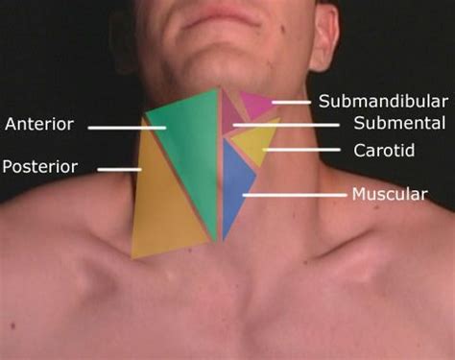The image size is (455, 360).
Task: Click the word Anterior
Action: pyautogui.click(x=39, y=124)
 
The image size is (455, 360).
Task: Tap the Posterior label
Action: pyautogui.click(x=39, y=166)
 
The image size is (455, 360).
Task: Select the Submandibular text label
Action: pyautogui.click(x=383, y=101)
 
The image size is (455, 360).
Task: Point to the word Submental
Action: pyautogui.click(x=398, y=123)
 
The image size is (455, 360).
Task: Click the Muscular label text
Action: pyautogui.click(x=389, y=194)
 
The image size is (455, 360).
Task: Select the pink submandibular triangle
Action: pyautogui.click(x=254, y=103)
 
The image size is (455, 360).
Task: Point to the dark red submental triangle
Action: pyautogui.click(x=230, y=115)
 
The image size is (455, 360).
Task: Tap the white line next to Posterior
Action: pyautogui.click(x=119, y=170)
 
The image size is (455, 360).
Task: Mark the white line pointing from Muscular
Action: pyautogui.click(x=294, y=195)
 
